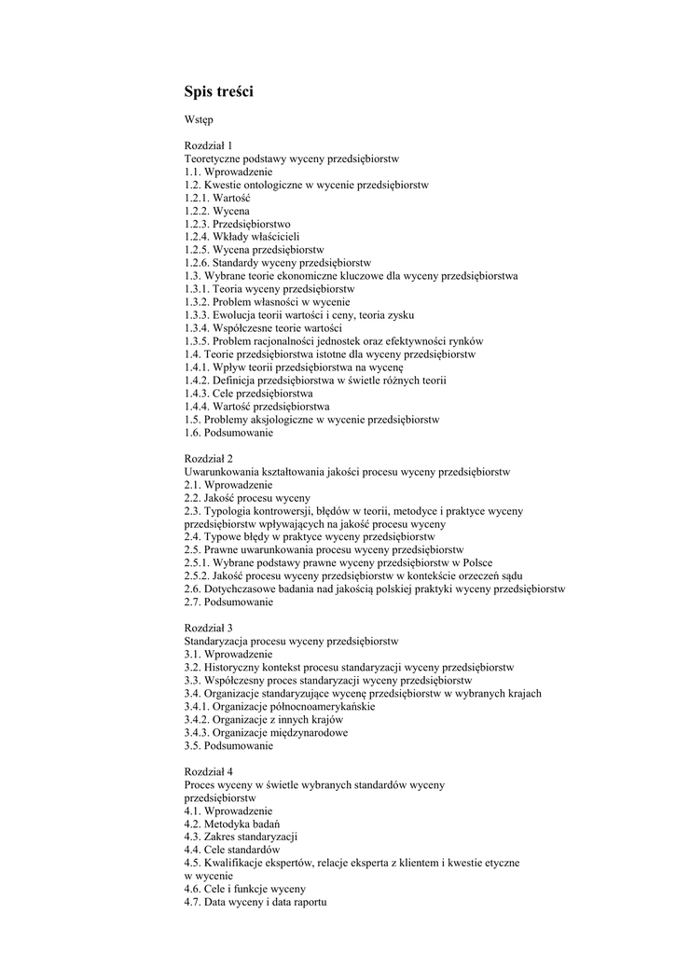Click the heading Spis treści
(218, 91)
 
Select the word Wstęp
(199, 120)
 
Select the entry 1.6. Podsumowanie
(228, 433)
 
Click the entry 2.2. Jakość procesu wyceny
(247, 498)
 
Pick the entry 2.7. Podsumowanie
(228, 602)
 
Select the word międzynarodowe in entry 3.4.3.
(306, 733)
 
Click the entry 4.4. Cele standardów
(233, 851)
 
